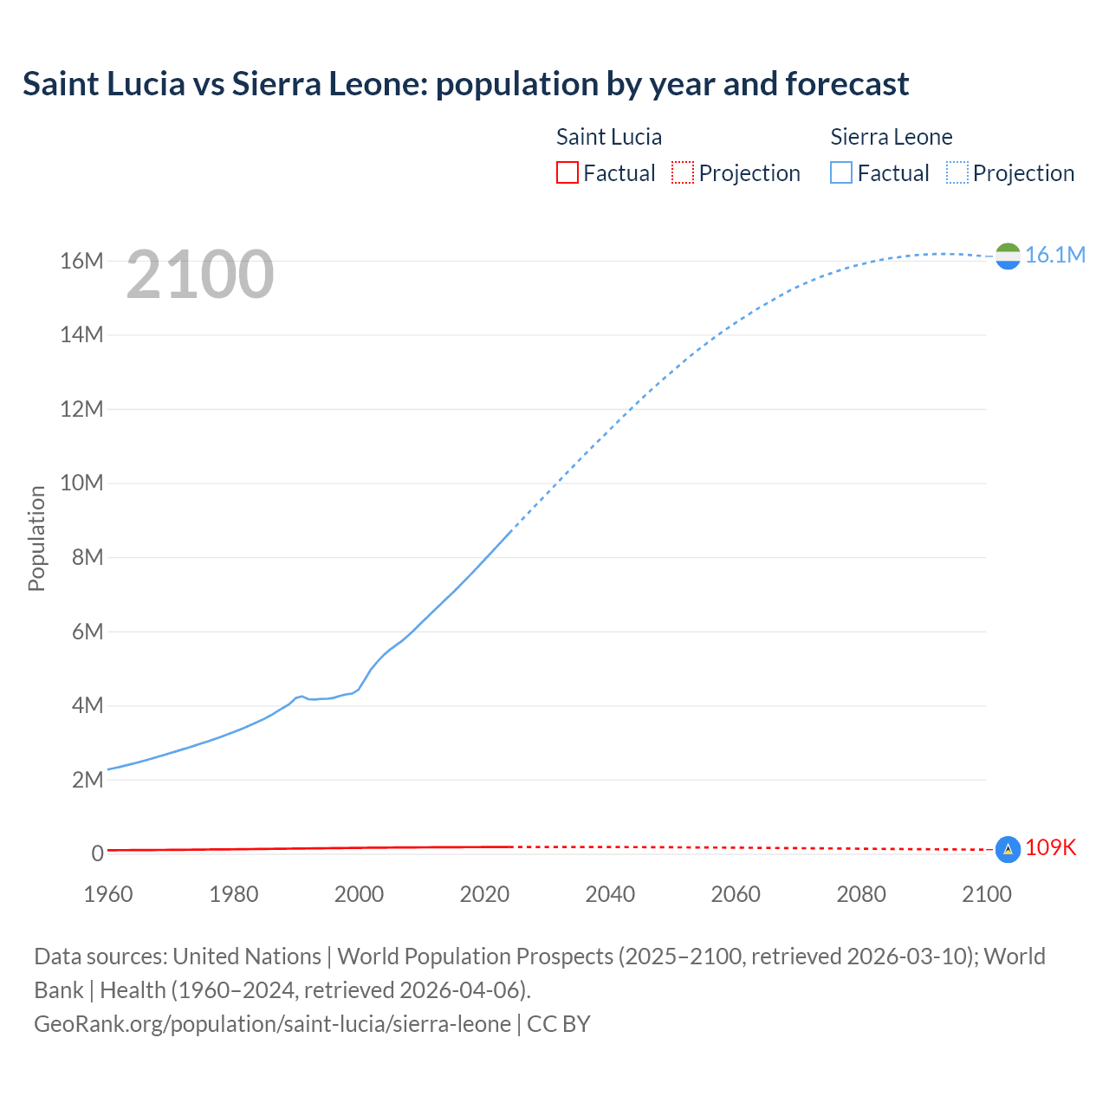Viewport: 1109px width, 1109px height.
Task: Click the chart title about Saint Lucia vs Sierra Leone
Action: pyautogui.click(x=465, y=84)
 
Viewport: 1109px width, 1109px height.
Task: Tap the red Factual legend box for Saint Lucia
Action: pyautogui.click(x=567, y=173)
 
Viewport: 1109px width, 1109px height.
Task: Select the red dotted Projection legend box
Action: pyautogui.click(x=683, y=173)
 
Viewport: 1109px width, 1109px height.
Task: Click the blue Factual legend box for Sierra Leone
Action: pyautogui.click(x=841, y=173)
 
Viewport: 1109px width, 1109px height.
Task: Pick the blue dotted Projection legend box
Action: pyautogui.click(x=957, y=173)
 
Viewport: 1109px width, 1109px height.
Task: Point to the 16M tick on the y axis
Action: pyautogui.click(x=81, y=261)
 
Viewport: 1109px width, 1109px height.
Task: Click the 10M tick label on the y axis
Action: pyautogui.click(x=81, y=483)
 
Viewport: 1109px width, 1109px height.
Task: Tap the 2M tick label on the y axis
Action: pyautogui.click(x=87, y=780)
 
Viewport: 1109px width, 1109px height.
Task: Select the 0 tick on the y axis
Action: pyautogui.click(x=97, y=853)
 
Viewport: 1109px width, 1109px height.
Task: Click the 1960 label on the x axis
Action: pyautogui.click(x=108, y=894)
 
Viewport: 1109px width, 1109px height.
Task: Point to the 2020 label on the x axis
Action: pyautogui.click(x=484, y=894)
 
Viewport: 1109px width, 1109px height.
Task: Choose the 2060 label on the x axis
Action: pyautogui.click(x=736, y=894)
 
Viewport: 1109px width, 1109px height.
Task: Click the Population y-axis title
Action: pyautogui.click(x=36, y=538)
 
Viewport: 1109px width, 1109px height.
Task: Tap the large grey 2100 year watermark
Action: pyautogui.click(x=200, y=275)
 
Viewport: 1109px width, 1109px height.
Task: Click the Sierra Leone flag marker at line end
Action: pyautogui.click(x=1008, y=256)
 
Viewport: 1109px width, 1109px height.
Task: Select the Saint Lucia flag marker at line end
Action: pyautogui.click(x=1008, y=849)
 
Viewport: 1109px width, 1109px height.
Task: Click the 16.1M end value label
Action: pyautogui.click(x=1054, y=255)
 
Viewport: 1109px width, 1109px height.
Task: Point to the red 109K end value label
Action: pyautogui.click(x=1050, y=848)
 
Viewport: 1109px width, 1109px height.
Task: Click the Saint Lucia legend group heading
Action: pyautogui.click(x=608, y=137)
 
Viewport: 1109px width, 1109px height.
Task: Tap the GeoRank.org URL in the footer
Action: pyautogui.click(x=272, y=1024)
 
